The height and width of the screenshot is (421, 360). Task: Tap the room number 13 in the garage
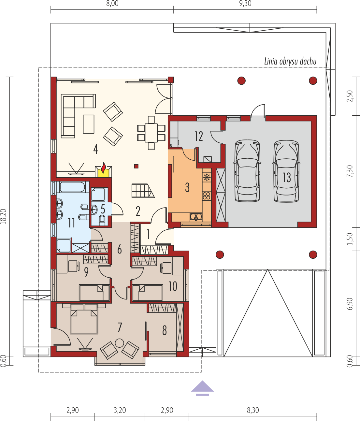click(x=287, y=177)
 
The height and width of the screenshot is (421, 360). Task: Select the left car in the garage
click(x=247, y=171)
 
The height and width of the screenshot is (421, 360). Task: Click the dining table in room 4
click(x=151, y=133)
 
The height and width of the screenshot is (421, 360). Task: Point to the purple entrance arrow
click(x=202, y=388)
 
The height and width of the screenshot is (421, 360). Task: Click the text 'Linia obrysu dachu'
click(x=290, y=61)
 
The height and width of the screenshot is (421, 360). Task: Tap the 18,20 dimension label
click(x=4, y=216)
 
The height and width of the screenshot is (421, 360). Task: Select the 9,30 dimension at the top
click(x=245, y=4)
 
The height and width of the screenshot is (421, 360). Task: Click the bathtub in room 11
click(x=72, y=187)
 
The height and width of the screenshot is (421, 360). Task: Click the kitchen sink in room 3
click(x=196, y=217)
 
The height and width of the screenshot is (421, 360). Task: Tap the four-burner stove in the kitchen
click(x=207, y=196)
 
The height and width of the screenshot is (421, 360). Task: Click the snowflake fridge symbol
click(x=207, y=177)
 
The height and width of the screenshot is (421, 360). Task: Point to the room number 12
click(x=199, y=136)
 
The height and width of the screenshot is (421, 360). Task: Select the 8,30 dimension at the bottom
click(x=253, y=410)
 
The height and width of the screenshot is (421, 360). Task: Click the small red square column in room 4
click(x=136, y=166)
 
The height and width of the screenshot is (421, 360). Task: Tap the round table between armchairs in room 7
click(x=119, y=343)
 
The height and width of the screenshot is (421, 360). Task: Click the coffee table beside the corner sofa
click(x=89, y=124)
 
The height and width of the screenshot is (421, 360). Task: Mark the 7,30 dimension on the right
click(x=350, y=171)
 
